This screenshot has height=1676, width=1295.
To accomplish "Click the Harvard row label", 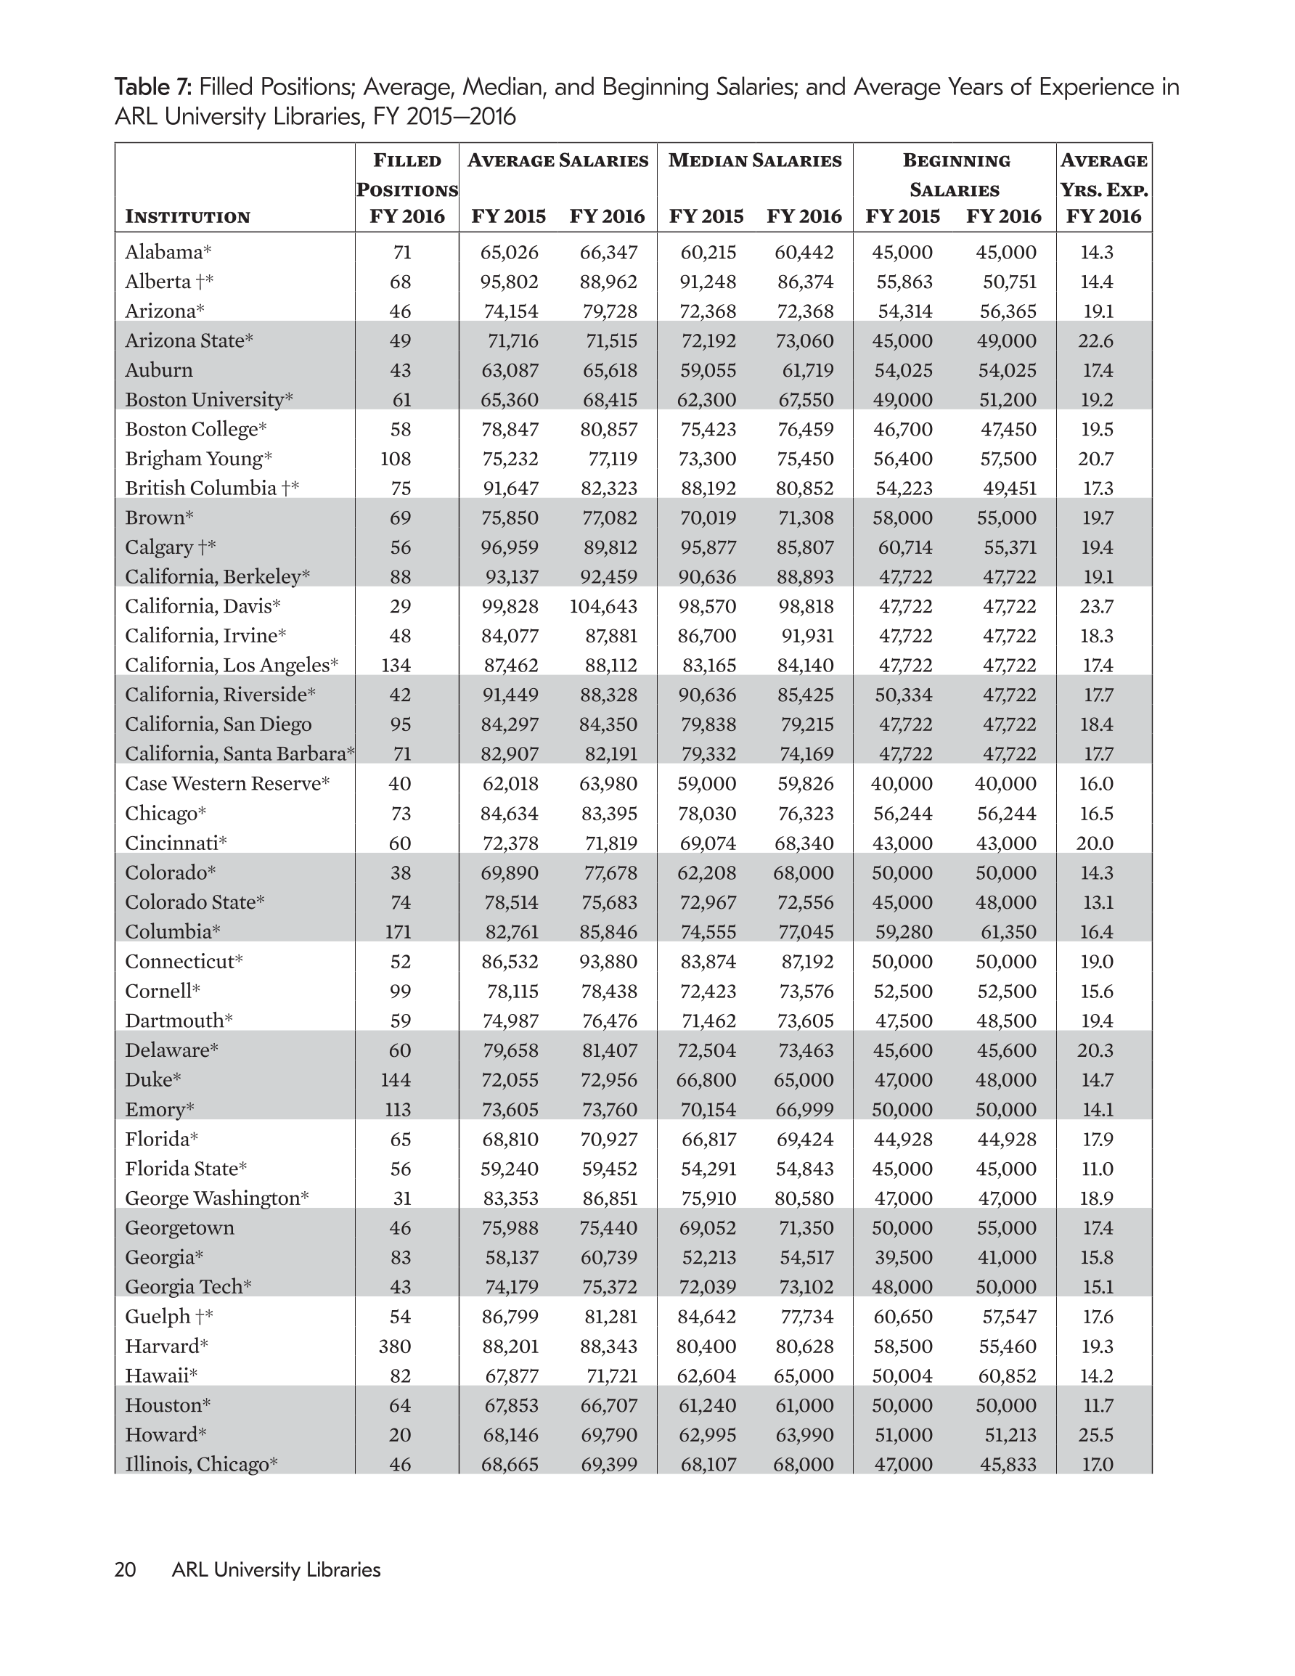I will (166, 1346).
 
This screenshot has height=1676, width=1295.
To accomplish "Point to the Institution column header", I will (187, 216).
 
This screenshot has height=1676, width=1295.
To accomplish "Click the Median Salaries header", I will (755, 160).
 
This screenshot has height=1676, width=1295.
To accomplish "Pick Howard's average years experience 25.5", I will (1096, 1434).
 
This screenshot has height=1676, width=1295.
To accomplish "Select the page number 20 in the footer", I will (125, 1570).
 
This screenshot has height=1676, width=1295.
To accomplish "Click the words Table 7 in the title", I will (152, 86).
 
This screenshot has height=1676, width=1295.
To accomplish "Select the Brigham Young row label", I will (199, 459).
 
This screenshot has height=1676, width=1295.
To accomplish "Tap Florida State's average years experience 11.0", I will (1096, 1169).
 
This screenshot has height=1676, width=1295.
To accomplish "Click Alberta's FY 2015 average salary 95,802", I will (509, 282).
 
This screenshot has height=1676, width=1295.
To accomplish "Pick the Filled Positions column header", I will (407, 188).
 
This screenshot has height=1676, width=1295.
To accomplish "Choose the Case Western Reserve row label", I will (227, 783).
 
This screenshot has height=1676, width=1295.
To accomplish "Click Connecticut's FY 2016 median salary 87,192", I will (804, 962).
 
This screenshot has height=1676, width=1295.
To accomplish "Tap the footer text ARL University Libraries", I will (277, 1570).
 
